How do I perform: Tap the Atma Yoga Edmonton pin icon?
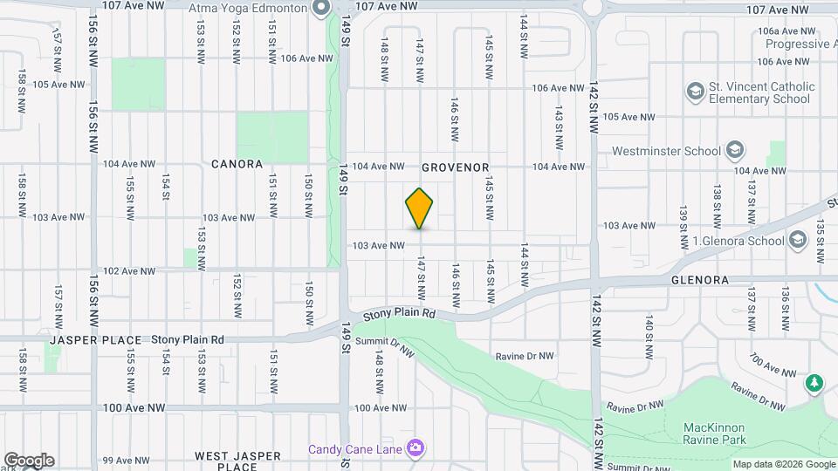point(321,8)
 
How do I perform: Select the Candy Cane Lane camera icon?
point(416,448)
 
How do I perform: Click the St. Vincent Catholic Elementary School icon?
point(696,91)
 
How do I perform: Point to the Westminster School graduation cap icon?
point(734,150)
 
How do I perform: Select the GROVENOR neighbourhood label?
point(455,167)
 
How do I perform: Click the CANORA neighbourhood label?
point(237,164)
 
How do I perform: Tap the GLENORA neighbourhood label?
point(699,280)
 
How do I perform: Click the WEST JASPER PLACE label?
point(237,461)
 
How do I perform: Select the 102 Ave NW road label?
point(129,270)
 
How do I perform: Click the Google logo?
point(28,460)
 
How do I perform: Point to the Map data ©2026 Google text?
point(783,464)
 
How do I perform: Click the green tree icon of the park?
point(814,382)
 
